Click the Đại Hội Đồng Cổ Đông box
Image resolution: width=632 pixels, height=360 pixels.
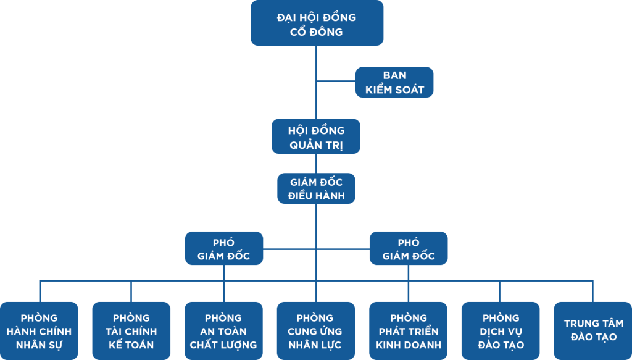(317, 23)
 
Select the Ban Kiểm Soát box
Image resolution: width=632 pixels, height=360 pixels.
(394, 82)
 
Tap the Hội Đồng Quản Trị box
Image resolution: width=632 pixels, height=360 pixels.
(316, 136)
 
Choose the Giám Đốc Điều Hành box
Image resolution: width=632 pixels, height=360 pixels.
(317, 188)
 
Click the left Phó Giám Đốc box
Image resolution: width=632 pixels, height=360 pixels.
(224, 248)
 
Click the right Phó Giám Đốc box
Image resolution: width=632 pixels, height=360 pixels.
(409, 248)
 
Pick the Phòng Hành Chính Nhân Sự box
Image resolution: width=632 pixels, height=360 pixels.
(39, 331)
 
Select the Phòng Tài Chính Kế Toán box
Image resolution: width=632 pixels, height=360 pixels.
(131, 331)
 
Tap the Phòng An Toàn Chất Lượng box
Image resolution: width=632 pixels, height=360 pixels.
(223, 331)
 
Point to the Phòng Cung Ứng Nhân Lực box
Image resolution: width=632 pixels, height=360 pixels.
(316, 331)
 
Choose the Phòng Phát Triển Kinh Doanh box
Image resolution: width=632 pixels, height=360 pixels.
(409, 331)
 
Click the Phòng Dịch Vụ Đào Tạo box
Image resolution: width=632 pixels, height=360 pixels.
(501, 331)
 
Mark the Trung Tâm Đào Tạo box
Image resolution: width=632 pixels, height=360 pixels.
(593, 331)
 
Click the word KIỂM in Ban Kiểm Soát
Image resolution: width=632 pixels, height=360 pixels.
(380, 89)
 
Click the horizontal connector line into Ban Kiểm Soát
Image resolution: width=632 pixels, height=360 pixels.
(336, 81)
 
